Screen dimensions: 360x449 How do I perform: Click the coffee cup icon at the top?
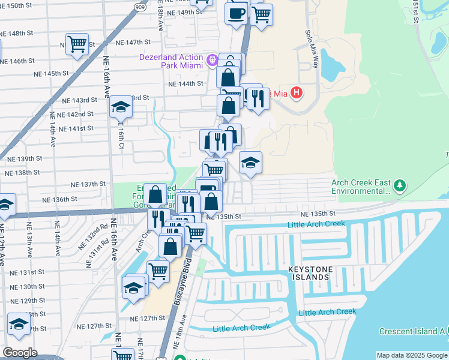[237, 12]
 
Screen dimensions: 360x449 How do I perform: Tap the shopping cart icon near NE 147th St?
[77, 44]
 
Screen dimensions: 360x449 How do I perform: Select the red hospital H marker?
[296, 92]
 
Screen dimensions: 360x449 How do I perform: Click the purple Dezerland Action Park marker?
[211, 60]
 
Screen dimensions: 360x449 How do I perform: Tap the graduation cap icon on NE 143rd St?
[121, 107]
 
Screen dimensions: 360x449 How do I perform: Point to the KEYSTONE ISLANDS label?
[309, 273]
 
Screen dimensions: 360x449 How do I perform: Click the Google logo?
[20, 352]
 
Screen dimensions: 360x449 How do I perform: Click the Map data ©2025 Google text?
[412, 355]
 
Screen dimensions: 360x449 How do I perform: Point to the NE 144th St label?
[186, 84]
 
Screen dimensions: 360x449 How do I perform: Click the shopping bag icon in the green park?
[155, 194]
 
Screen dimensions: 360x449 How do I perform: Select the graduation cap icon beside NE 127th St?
[19, 324]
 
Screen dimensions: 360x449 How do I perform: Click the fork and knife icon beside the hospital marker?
[259, 97]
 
